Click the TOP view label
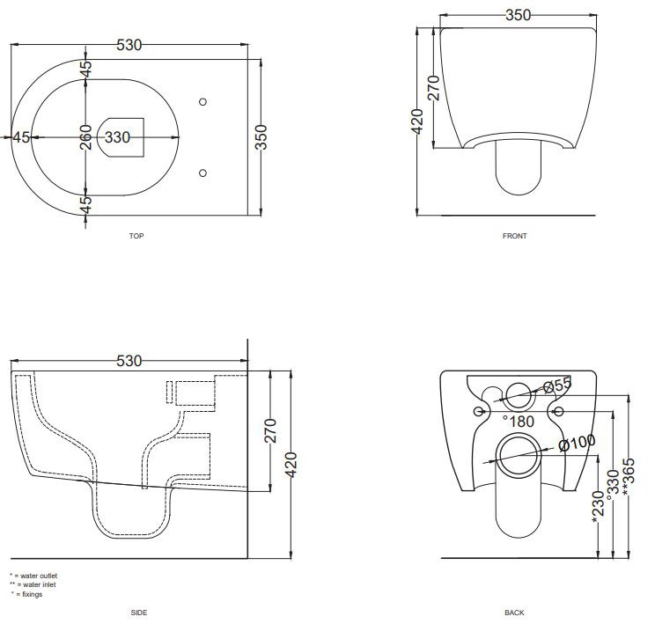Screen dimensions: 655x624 pos(136,236)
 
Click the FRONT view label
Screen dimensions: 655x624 pos(514,236)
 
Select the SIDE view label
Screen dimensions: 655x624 pos(139,613)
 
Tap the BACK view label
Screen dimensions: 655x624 pos(514,613)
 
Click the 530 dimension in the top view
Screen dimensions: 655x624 pos(129,45)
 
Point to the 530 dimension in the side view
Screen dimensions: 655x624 pos(129,361)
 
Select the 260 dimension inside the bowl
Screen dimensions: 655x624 pos(85,137)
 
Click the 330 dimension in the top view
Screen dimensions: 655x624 pos(117,137)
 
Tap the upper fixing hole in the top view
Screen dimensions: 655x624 pos(203,101)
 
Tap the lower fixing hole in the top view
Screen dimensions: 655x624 pos(203,173)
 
